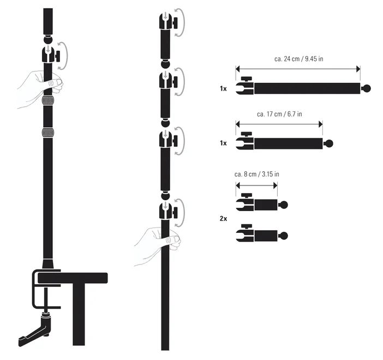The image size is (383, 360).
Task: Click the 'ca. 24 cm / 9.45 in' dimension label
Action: click(x=299, y=59)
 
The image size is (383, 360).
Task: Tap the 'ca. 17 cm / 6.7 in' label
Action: click(x=279, y=114)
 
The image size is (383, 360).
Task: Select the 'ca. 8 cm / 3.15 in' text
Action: click(x=257, y=174)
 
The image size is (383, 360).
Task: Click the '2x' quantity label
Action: click(x=223, y=219)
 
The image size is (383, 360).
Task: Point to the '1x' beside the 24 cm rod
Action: click(x=223, y=89)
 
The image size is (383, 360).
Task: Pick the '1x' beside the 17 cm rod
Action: click(x=223, y=143)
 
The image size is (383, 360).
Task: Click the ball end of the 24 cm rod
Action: click(x=367, y=88)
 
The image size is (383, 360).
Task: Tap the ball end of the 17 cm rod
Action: click(x=329, y=143)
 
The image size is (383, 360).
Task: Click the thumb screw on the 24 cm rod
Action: click(x=246, y=80)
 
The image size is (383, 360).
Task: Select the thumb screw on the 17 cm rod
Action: click(x=246, y=134)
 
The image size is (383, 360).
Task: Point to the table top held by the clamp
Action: click(x=73, y=278)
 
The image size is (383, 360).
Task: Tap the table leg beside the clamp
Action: click(x=79, y=314)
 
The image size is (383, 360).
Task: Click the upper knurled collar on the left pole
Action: click(x=47, y=100)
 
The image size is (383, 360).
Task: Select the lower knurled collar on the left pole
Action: click(x=47, y=133)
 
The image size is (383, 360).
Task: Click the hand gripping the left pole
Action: click(x=40, y=89)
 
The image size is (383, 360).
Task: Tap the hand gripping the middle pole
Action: click(x=158, y=246)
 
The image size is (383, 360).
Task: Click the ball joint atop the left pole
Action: click(x=48, y=40)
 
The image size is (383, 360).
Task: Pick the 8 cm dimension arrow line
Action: click(x=256, y=185)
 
